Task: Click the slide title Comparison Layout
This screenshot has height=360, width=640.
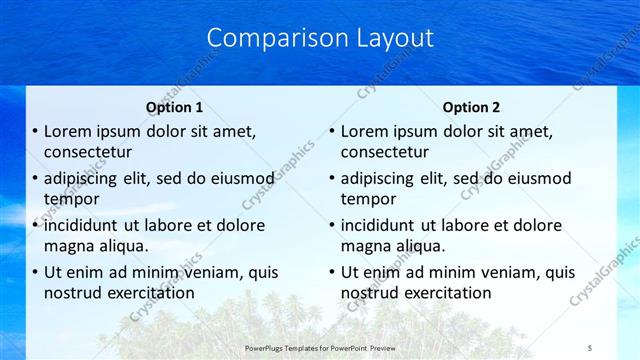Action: (320, 38)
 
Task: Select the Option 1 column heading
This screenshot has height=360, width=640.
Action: (174, 107)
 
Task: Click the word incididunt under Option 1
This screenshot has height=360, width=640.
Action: (86, 225)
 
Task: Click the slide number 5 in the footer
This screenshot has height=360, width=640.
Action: (590, 346)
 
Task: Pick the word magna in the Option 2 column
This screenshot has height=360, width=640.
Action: (364, 246)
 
